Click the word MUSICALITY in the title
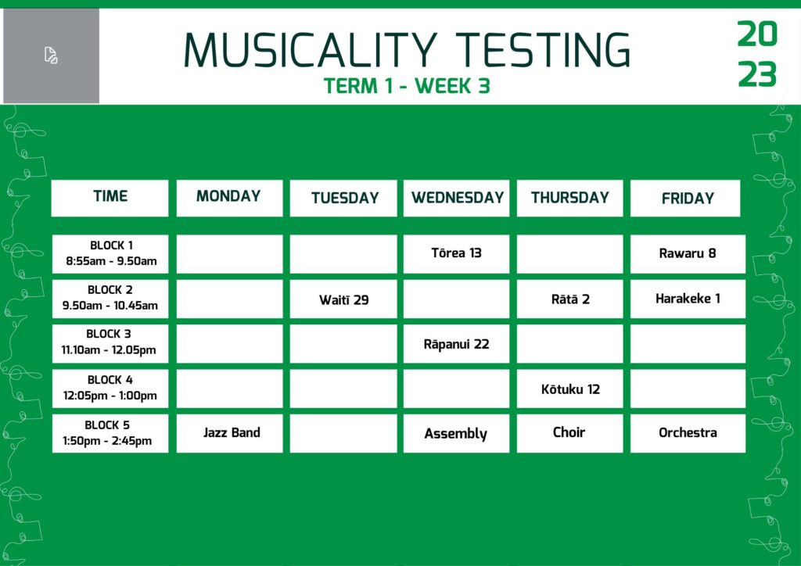pyautogui.click(x=311, y=50)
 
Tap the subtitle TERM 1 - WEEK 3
pyautogui.click(x=407, y=86)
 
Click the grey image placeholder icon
pyautogui.click(x=51, y=56)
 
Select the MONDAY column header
pyautogui.click(x=229, y=198)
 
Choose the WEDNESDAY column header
pyautogui.click(x=456, y=198)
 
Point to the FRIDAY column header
pyautogui.click(x=685, y=198)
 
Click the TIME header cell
pyautogui.click(x=110, y=198)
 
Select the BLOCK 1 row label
pyautogui.click(x=110, y=253)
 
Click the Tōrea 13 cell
pyautogui.click(x=456, y=253)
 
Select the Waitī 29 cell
pyautogui.click(x=343, y=299)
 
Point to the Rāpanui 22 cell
pyautogui.click(x=456, y=343)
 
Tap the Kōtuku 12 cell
pyautogui.click(x=569, y=389)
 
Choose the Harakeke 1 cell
pyautogui.click(x=688, y=299)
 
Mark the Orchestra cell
pyautogui.click(x=688, y=433)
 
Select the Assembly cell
pyautogui.click(x=456, y=433)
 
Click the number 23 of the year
pyautogui.click(x=757, y=74)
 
